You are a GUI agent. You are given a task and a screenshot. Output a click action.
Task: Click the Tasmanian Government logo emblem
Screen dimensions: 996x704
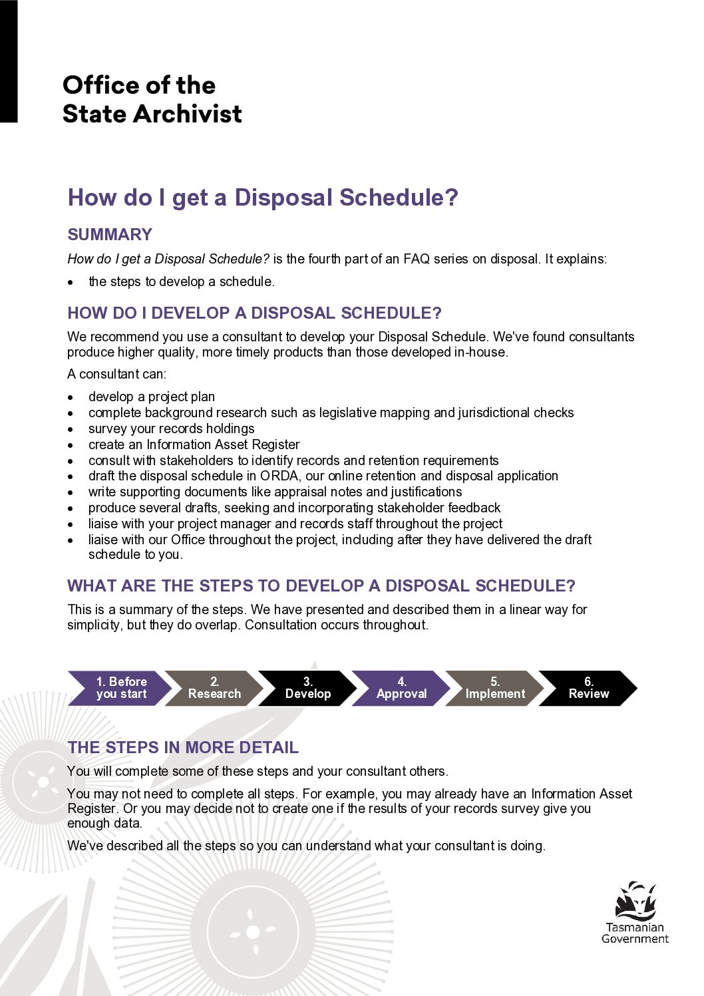click(635, 901)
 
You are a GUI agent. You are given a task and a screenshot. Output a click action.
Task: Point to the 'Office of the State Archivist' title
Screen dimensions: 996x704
click(152, 99)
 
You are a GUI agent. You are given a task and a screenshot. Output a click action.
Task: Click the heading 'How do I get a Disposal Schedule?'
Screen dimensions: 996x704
click(263, 198)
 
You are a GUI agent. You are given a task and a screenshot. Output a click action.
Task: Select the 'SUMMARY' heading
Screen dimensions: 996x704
click(110, 234)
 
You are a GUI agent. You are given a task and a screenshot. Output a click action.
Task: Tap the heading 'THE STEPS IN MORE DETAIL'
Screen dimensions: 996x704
click(183, 747)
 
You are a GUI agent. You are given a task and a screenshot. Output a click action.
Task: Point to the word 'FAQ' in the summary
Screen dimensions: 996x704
click(417, 259)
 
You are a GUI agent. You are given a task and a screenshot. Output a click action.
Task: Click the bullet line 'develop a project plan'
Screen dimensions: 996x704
click(152, 397)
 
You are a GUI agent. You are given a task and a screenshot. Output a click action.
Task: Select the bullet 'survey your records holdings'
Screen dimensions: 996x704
click(171, 428)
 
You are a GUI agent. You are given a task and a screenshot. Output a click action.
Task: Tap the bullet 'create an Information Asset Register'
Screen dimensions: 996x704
click(194, 444)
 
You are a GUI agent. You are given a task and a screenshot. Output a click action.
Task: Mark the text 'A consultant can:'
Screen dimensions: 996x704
click(116, 374)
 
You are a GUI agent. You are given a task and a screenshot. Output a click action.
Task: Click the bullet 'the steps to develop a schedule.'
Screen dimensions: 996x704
click(181, 281)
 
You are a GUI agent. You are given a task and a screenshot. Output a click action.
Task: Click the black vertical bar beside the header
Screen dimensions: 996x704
click(9, 61)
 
